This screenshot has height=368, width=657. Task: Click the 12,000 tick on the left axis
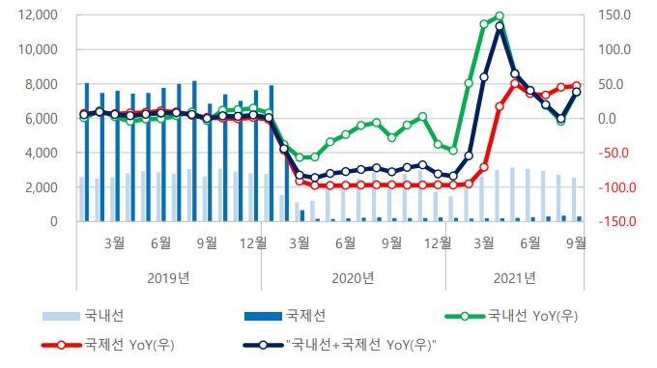[35, 15]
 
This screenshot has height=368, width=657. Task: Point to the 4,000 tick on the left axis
[39, 153]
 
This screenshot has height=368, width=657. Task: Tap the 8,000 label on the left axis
[39, 84]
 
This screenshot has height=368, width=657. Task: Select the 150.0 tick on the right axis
[614, 15]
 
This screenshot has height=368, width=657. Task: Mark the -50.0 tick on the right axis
[614, 153]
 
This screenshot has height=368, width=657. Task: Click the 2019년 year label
[169, 278]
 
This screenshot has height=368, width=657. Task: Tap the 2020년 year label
[353, 278]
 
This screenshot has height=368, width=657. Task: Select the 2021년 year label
[514, 278]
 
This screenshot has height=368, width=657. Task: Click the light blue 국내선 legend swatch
[60, 316]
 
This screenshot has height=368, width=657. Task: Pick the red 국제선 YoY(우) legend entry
[126, 343]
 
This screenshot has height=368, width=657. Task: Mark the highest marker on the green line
[499, 16]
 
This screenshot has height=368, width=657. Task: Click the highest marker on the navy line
[499, 27]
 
